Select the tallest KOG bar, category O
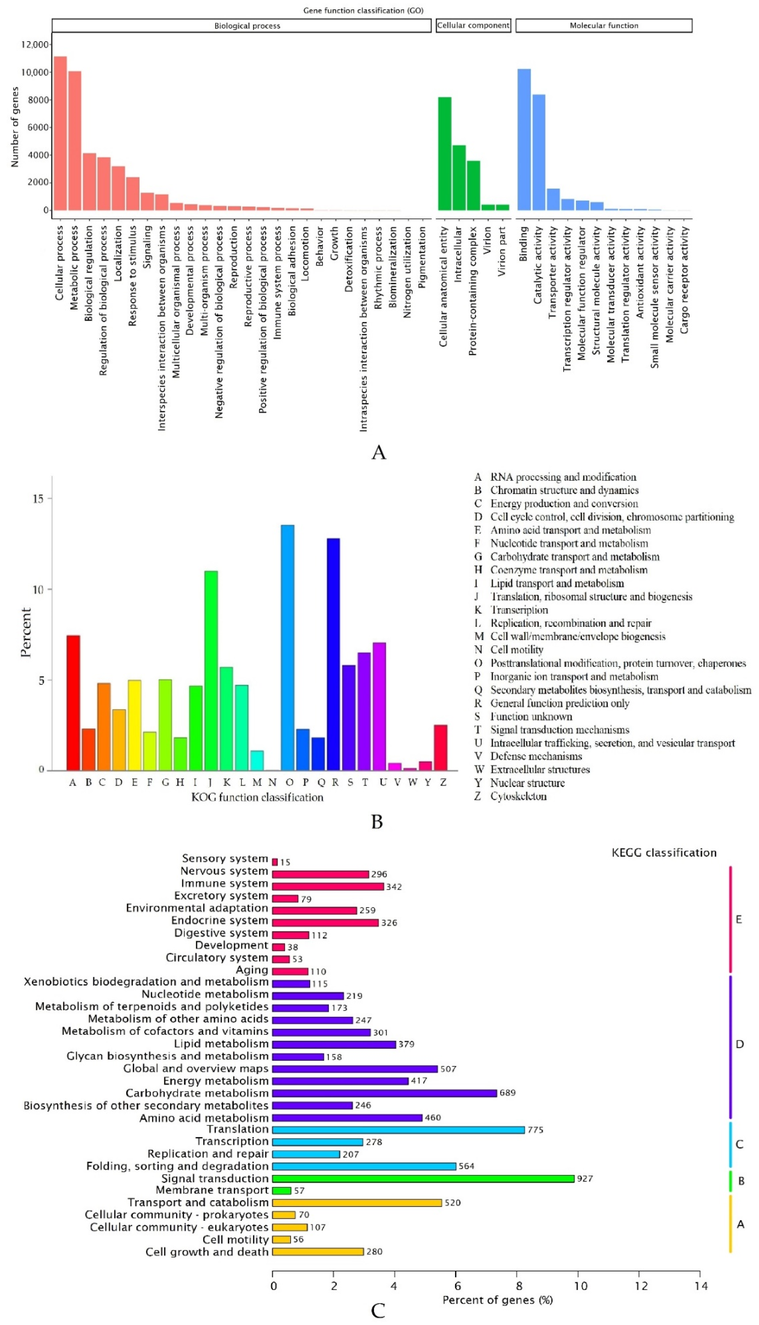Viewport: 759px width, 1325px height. [x=287, y=647]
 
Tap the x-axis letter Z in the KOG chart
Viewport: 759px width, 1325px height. [x=443, y=782]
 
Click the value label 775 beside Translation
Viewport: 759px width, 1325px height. [x=535, y=1130]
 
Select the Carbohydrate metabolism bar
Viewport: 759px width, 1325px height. [x=384, y=1093]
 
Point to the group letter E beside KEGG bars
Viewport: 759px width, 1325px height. [x=739, y=919]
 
